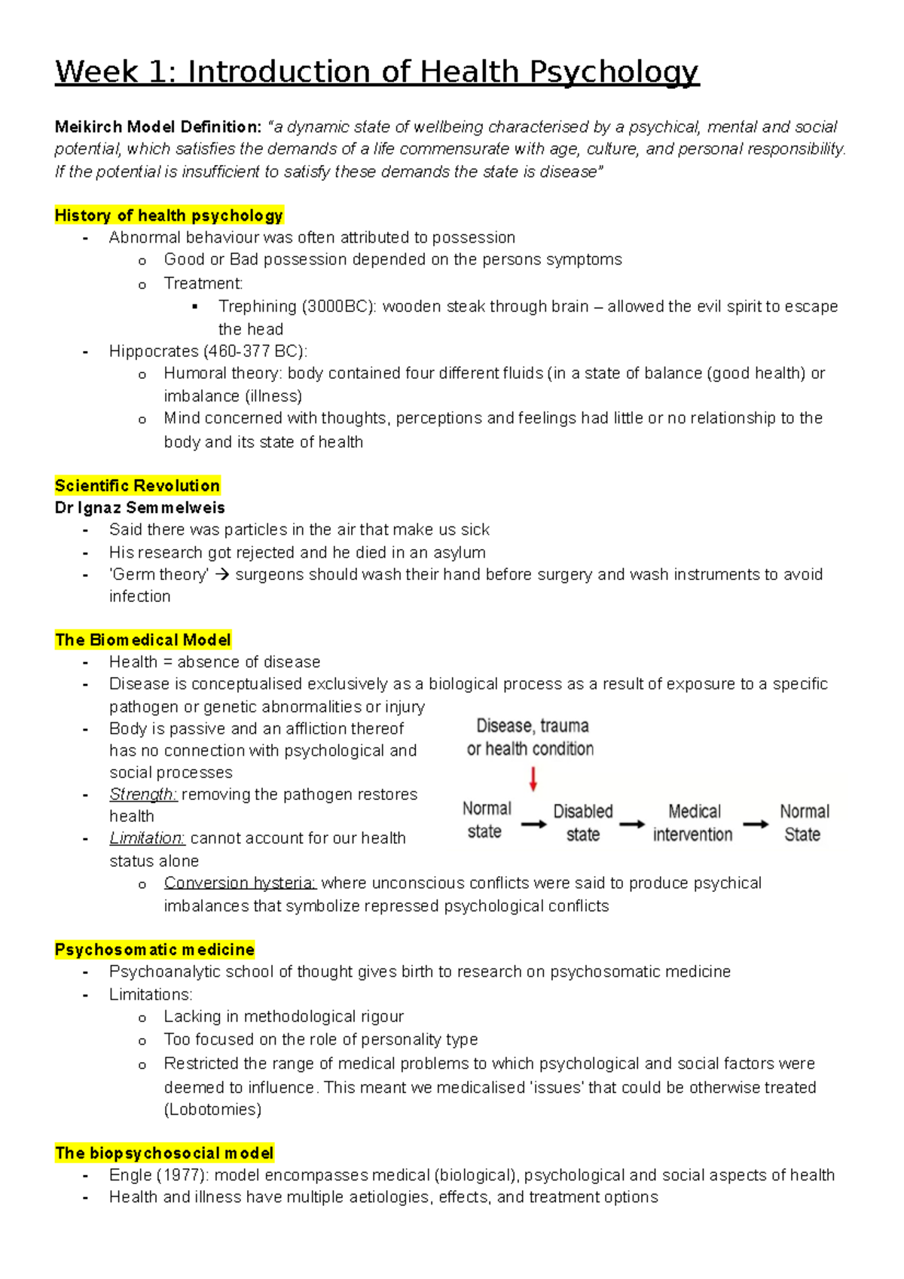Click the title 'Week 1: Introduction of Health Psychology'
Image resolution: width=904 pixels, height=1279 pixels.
click(377, 72)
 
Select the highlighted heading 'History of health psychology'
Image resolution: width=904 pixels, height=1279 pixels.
click(169, 215)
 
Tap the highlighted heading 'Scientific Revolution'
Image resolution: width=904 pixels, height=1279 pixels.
click(137, 485)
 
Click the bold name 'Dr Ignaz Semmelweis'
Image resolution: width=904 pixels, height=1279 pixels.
click(139, 508)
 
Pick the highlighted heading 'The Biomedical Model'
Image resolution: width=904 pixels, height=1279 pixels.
click(142, 640)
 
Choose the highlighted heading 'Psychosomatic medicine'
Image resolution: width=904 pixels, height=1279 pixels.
click(154, 949)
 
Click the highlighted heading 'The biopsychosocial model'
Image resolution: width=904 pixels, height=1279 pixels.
click(164, 1153)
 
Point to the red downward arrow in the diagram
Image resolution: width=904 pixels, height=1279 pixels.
click(533, 779)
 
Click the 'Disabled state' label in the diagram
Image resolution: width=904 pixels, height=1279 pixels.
click(583, 823)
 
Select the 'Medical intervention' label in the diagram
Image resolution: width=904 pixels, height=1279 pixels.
click(693, 823)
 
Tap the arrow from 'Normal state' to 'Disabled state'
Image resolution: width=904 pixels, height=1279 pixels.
click(533, 824)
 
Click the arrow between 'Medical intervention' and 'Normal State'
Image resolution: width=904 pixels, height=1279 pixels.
click(756, 824)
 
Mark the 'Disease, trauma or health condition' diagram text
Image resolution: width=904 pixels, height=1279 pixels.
click(531, 737)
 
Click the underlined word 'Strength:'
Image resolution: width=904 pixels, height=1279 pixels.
click(143, 795)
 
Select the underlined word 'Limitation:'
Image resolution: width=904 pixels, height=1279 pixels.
click(147, 838)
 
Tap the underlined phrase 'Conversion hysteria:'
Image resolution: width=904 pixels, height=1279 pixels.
click(240, 883)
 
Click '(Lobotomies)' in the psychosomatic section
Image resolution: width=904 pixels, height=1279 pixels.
click(212, 1110)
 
